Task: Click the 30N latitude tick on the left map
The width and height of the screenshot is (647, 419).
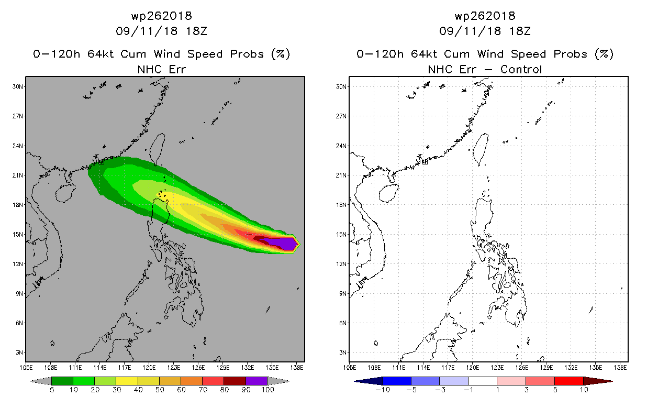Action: (18, 86)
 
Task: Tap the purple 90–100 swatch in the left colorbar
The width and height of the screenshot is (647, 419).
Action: (256, 381)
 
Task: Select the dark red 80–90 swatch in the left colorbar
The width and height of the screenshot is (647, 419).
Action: (235, 381)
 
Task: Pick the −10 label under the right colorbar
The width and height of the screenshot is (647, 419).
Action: (381, 390)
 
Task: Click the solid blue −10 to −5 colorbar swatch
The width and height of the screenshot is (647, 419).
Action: (397, 381)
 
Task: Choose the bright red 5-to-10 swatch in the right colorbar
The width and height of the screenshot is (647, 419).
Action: (568, 381)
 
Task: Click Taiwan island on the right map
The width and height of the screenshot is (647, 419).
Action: (480, 148)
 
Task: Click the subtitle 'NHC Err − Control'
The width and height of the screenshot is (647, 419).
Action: (485, 69)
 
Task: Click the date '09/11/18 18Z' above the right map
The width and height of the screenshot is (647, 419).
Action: (485, 31)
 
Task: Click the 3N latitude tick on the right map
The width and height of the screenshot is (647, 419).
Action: (343, 352)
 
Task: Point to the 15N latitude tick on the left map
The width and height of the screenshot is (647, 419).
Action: (18, 234)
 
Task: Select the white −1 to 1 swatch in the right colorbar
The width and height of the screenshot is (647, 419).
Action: (483, 381)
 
